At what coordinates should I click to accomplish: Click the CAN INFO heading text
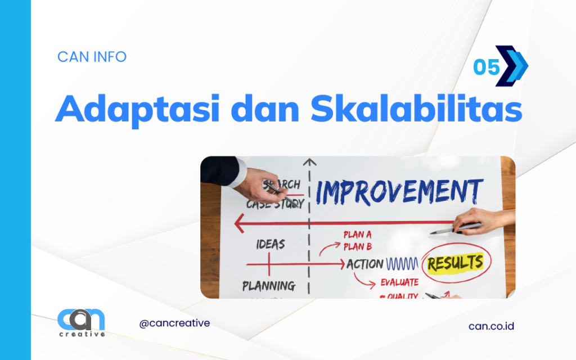point(92,57)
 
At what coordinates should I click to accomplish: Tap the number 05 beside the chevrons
point(486,67)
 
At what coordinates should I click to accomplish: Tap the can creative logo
point(81,322)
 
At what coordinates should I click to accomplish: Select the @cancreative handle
point(174,323)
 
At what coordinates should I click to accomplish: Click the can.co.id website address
point(491,326)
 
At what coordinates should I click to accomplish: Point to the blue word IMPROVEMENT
point(399,192)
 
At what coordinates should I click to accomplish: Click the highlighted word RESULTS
point(455,263)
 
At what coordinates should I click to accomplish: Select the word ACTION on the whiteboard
point(364,264)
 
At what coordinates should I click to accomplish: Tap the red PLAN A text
point(362,235)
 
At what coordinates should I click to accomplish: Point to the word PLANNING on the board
point(269,285)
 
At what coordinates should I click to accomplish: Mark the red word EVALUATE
point(399,282)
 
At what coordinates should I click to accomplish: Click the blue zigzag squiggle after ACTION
point(402,264)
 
